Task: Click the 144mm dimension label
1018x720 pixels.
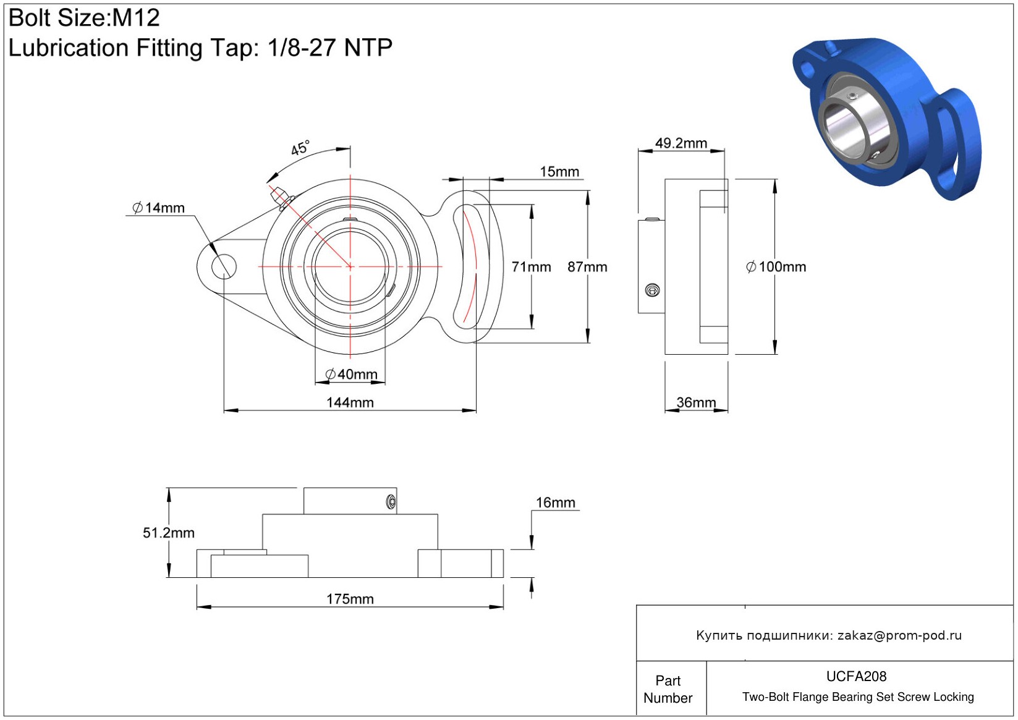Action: pos(350,402)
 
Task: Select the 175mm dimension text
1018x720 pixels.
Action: pos(350,599)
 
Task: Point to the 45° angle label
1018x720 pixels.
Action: pos(300,148)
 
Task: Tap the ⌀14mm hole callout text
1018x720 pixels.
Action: pos(159,208)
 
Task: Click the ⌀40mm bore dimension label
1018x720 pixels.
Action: pos(351,375)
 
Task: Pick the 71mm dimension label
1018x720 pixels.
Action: pos(531,267)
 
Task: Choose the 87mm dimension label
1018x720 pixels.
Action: pos(587,267)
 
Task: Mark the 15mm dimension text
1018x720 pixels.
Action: pos(559,172)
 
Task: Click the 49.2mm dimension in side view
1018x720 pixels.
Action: pos(681,143)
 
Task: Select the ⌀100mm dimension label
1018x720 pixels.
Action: pos(776,267)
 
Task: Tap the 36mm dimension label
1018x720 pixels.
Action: pos(696,402)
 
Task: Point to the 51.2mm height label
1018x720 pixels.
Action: pos(168,533)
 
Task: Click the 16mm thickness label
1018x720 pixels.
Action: pos(555,502)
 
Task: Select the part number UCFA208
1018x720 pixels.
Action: pos(856,677)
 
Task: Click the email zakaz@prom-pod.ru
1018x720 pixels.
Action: pos(899,635)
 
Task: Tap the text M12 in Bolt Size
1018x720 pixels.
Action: pos(136,18)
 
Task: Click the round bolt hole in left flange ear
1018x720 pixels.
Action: pos(223,266)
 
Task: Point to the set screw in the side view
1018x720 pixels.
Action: pos(652,290)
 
